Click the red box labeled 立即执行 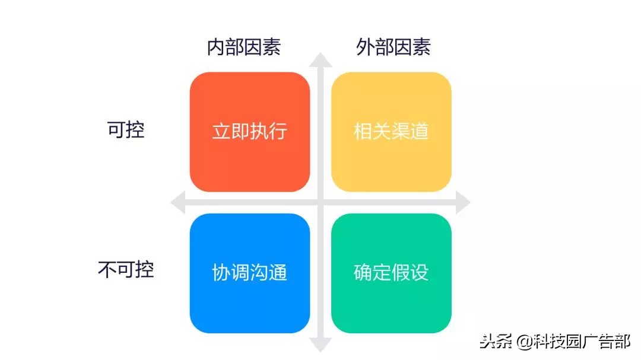tap(249, 132)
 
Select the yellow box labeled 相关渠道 tap(391, 132)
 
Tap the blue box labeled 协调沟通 tap(249, 273)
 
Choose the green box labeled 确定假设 tap(391, 273)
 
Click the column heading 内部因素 tap(244, 47)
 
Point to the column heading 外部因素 tap(394, 47)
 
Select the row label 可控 tap(126, 130)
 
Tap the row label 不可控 tap(126, 270)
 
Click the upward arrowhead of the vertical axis tap(321, 59)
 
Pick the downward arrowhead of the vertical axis tap(321, 345)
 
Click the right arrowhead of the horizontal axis tap(464, 203)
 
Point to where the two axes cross tap(321, 203)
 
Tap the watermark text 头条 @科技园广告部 tap(556, 342)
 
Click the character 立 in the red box tap(221, 132)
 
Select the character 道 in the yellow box tap(419, 132)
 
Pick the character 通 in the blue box tap(278, 273)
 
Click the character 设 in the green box tap(419, 273)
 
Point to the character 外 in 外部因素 tap(366, 47)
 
